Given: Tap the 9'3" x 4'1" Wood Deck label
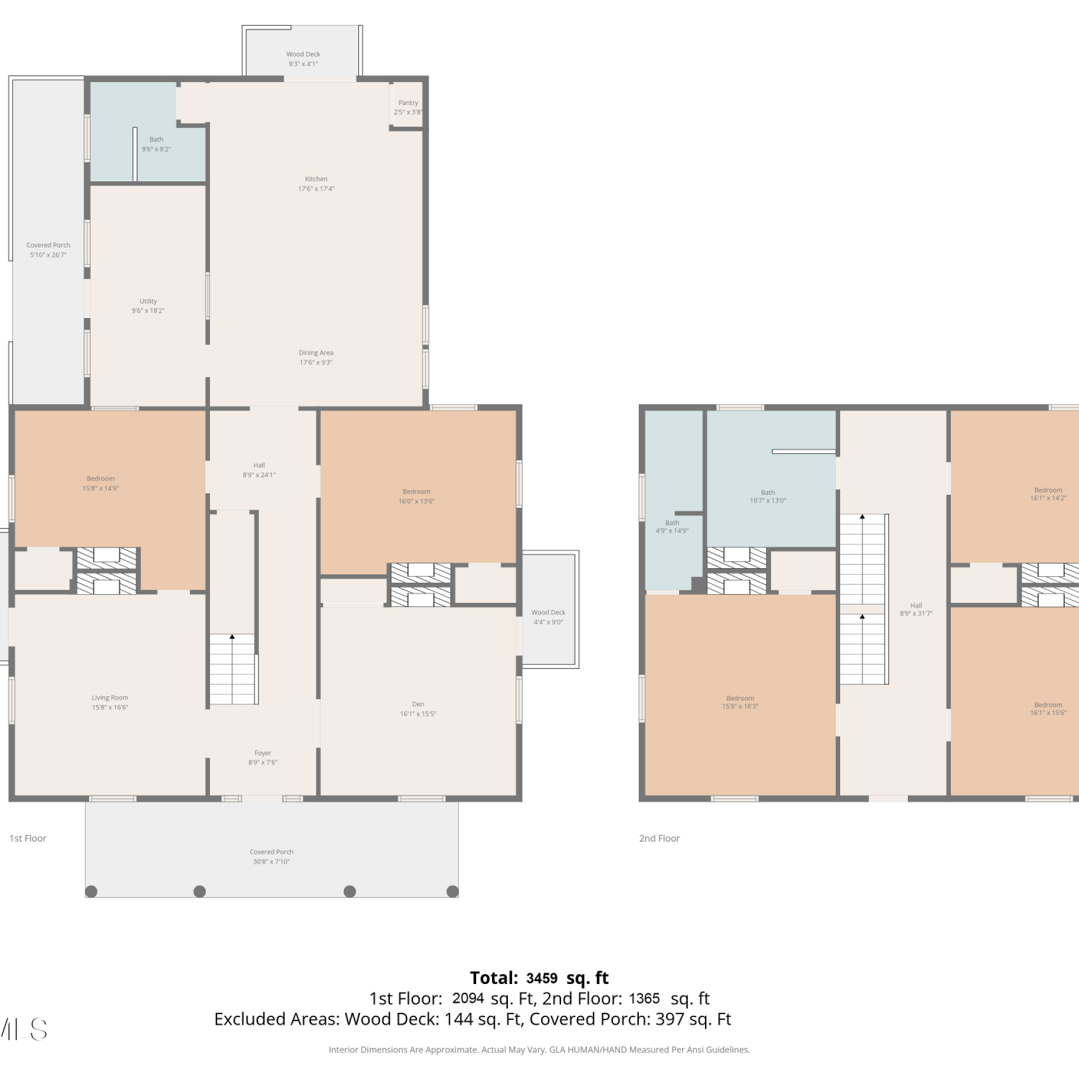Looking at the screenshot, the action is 304,59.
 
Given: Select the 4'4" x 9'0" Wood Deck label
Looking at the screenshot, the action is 548,617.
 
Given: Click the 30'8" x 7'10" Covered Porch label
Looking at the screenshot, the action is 271,857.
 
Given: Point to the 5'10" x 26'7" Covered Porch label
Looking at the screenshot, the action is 48,250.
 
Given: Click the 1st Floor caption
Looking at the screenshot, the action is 28,838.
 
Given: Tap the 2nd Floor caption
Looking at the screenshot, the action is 660,838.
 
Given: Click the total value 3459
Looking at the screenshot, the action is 542,978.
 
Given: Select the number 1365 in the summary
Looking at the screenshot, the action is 644,998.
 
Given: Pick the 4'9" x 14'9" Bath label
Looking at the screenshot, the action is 672,527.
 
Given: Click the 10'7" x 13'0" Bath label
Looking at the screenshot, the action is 768,497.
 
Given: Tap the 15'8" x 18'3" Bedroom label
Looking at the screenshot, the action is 740,702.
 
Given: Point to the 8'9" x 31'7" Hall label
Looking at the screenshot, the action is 916,610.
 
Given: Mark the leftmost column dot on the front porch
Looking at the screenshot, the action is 91,891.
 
